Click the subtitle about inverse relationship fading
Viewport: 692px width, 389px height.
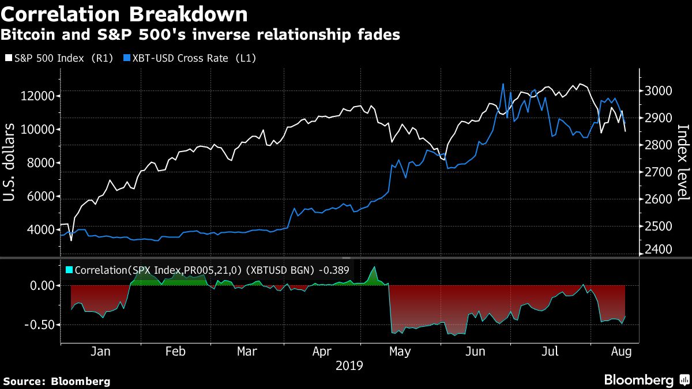[200, 35]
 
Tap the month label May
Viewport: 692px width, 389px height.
[400, 351]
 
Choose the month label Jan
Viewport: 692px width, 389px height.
[100, 351]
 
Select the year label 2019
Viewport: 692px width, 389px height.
[349, 365]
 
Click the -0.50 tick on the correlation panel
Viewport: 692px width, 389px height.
[39, 324]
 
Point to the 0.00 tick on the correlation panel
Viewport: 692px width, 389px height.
[42, 285]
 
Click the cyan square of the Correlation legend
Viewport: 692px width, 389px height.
[69, 269]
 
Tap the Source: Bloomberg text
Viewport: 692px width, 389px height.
[57, 381]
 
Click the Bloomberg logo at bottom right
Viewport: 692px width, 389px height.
[639, 380]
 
